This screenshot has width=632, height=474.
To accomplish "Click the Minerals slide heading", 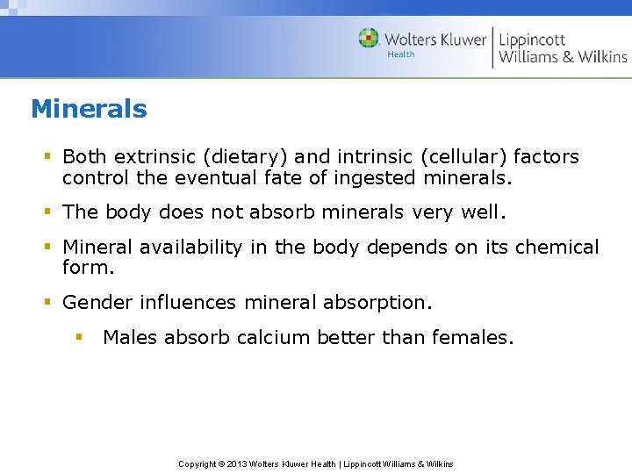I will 89,109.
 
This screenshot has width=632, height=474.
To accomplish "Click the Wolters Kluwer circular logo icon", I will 369,39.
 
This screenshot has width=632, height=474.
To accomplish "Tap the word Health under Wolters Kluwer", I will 401,54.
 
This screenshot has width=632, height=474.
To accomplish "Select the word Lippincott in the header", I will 532,39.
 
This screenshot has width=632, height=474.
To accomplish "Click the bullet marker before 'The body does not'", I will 48,212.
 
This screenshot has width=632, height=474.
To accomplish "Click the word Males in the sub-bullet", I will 130,337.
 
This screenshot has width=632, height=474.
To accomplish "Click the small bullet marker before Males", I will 78,336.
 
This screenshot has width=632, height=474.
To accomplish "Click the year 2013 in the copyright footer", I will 237,463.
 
